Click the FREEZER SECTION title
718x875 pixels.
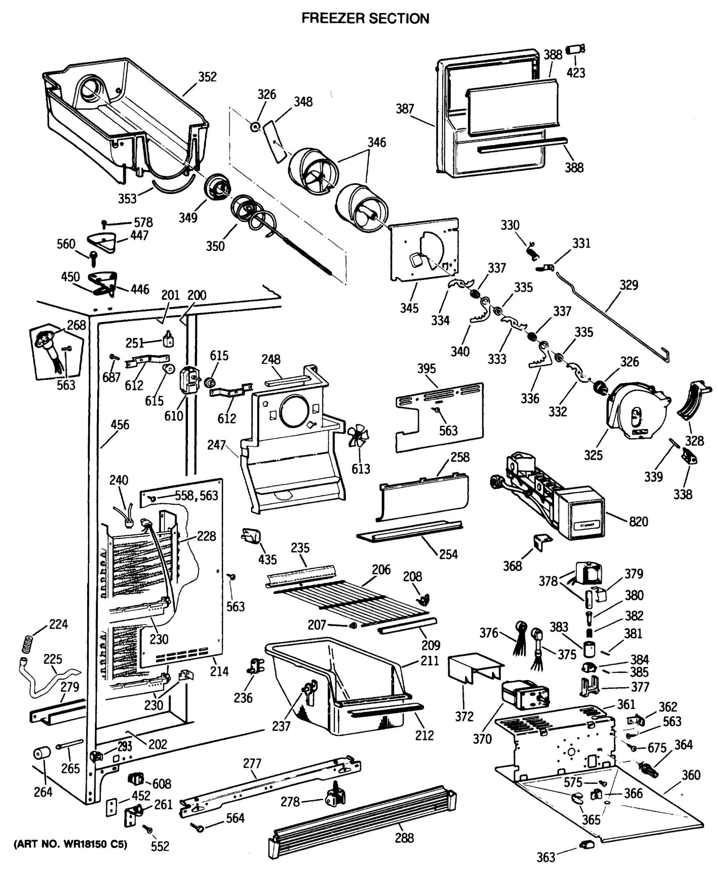(x=365, y=18)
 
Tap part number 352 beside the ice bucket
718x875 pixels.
(x=207, y=77)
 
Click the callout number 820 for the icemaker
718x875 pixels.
(x=638, y=521)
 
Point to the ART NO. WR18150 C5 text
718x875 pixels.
(x=70, y=844)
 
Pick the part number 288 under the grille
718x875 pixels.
(x=404, y=838)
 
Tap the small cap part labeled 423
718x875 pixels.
(x=575, y=50)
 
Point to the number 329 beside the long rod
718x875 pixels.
(x=629, y=285)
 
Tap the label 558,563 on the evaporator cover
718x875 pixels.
(x=196, y=495)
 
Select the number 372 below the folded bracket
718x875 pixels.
(x=464, y=716)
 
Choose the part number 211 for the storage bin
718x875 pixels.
(x=430, y=661)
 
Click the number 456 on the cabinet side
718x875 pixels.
(x=120, y=425)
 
